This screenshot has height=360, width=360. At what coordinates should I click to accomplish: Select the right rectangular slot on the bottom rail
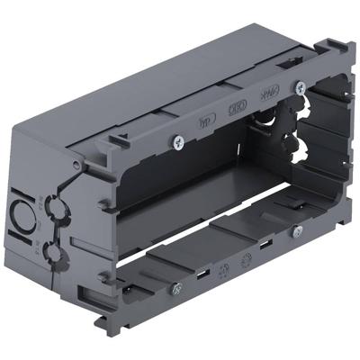[265, 245]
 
